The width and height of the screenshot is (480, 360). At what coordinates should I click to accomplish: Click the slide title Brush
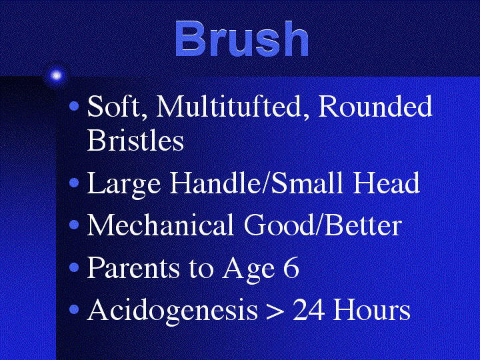point(241,39)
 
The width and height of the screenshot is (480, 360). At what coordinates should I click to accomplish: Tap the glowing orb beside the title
point(56,75)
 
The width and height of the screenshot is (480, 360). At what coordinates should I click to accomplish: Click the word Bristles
point(135,140)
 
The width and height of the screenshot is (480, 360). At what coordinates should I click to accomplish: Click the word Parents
point(133,267)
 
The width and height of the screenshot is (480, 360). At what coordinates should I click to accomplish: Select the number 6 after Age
point(291,267)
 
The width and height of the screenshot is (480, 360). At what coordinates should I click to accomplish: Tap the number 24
point(309,309)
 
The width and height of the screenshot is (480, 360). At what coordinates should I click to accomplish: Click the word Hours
point(371,309)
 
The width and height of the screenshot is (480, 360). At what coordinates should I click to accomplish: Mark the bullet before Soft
point(74,106)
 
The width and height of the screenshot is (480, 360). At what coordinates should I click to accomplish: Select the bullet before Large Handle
point(74,183)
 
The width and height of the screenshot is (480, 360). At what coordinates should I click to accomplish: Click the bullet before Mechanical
point(74,225)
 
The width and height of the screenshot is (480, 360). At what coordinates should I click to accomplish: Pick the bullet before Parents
point(74,267)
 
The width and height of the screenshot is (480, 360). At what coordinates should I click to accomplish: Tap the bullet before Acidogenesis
point(74,309)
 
